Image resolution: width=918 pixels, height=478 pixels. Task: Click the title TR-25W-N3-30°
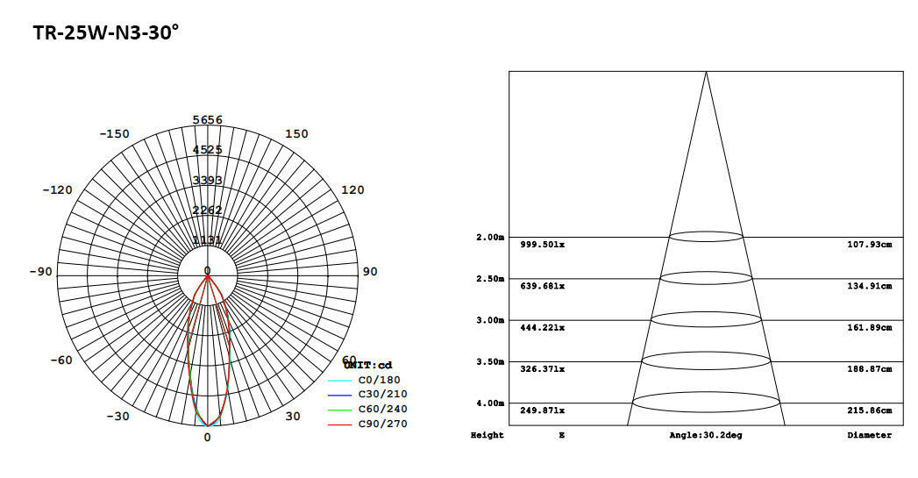[x=106, y=33]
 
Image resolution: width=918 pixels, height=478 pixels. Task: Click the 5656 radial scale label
[x=208, y=120]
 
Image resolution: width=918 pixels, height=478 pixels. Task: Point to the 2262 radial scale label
[x=208, y=210]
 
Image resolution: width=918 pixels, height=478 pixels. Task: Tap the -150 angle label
[x=114, y=134]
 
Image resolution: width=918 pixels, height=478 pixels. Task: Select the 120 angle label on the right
[x=352, y=190]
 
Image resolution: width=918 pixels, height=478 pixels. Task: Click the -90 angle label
[x=40, y=272]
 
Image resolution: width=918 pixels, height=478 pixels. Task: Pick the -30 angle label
[x=118, y=417]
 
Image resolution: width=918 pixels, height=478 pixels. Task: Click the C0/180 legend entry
[x=377, y=381]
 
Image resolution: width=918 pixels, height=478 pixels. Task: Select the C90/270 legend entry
[x=382, y=424]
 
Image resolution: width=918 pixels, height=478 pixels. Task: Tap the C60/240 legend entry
[x=382, y=410]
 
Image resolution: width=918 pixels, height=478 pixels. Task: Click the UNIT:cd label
[x=367, y=365]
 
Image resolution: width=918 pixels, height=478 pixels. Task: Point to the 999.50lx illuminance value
[x=543, y=245]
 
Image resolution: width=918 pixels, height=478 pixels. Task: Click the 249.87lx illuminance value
[x=543, y=410]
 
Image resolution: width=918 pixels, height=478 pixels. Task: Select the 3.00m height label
[x=489, y=320]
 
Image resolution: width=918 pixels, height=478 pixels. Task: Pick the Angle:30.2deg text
[x=706, y=436]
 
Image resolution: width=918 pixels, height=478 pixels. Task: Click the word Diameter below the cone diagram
[x=869, y=436]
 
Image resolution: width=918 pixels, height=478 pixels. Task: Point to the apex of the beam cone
[x=706, y=72]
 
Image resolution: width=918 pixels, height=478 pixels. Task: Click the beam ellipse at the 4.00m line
[x=706, y=403]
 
